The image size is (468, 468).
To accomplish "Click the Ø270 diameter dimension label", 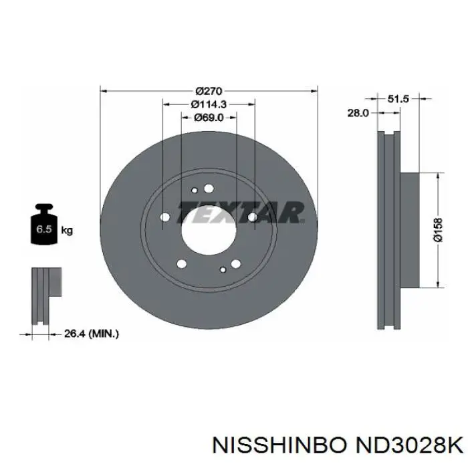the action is [x=209, y=90].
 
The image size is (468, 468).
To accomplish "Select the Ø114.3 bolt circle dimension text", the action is [x=209, y=104].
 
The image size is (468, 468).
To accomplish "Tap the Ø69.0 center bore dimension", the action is [x=209, y=118].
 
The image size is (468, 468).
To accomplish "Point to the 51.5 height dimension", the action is [x=398, y=98].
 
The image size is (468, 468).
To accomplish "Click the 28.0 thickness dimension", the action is [x=358, y=113].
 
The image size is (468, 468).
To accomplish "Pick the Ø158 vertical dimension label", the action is [x=438, y=229].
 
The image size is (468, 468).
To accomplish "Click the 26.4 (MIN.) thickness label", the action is [x=92, y=334].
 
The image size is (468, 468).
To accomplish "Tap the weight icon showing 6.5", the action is [x=44, y=224].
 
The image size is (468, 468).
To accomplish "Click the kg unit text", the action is [x=67, y=231].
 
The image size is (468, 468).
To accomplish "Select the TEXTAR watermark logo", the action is [x=241, y=213].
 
